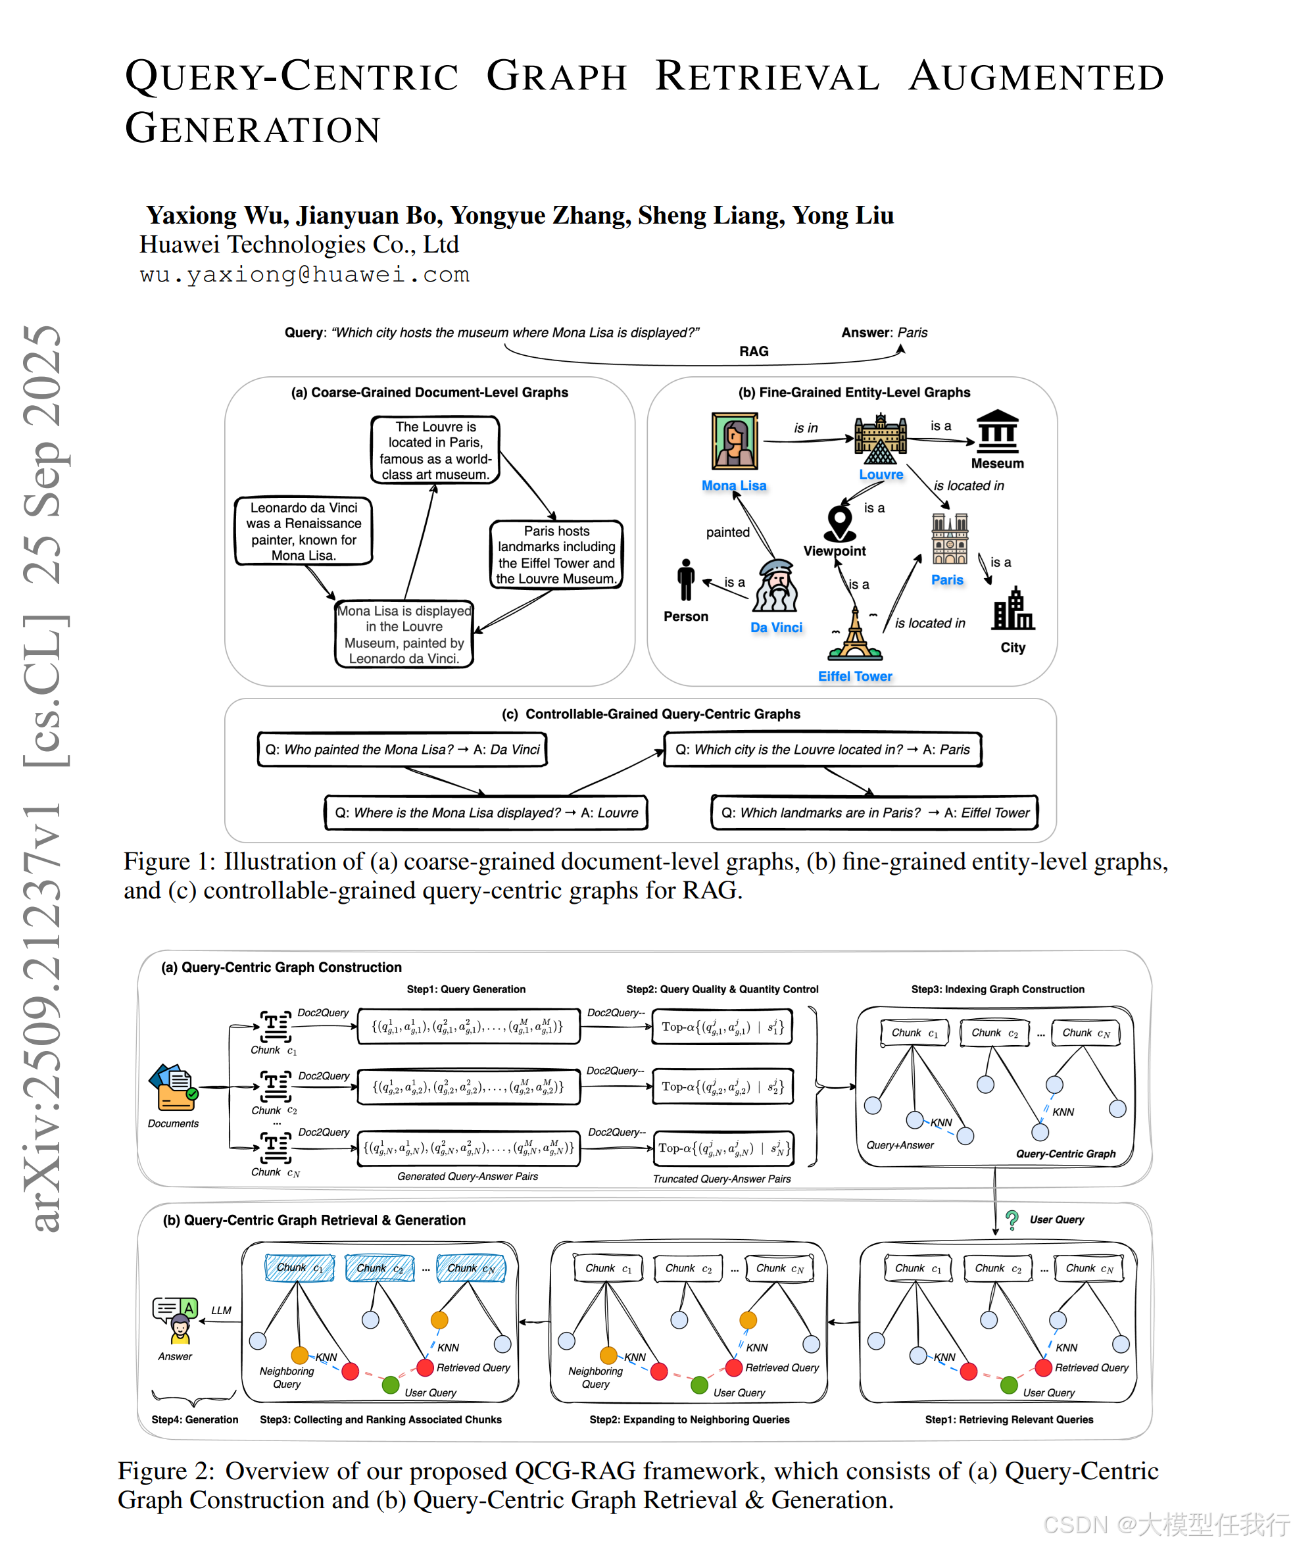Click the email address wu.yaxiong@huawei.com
pyautogui.click(x=305, y=274)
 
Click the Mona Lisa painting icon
pyautogui.click(x=734, y=441)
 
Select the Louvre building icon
pyautogui.click(x=881, y=439)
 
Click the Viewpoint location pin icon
pyautogui.click(x=839, y=522)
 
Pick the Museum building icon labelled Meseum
pyautogui.click(x=997, y=431)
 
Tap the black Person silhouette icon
pyautogui.click(x=686, y=579)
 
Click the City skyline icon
pyautogui.click(x=1013, y=609)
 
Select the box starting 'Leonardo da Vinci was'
pyautogui.click(x=304, y=531)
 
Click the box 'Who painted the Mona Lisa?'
pyautogui.click(x=403, y=749)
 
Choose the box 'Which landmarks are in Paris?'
pyautogui.click(x=875, y=812)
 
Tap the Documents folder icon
pyautogui.click(x=173, y=1087)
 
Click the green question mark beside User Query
pyautogui.click(x=1012, y=1220)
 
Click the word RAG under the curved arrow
pyautogui.click(x=754, y=351)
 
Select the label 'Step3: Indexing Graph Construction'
pyautogui.click(x=998, y=989)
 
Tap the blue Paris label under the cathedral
pyautogui.click(x=946, y=579)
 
